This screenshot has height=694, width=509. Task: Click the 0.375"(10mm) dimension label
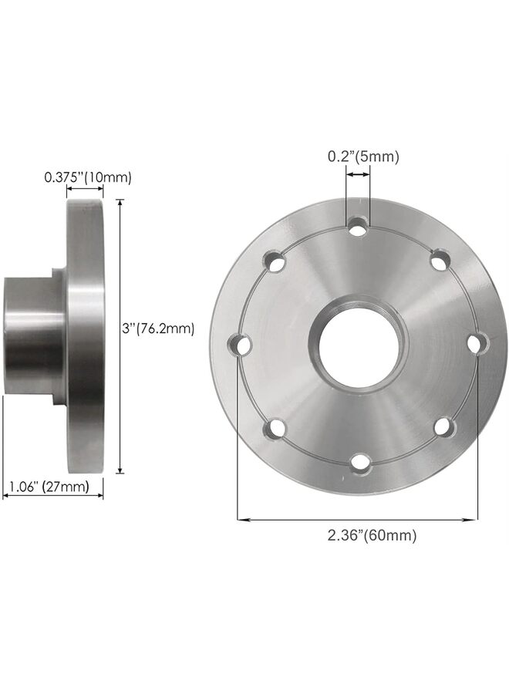87,177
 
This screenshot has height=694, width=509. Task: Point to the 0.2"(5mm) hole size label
362,157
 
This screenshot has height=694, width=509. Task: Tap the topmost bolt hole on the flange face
358,227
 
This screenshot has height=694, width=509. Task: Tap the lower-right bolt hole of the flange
443,426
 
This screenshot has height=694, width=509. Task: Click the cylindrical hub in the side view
29,337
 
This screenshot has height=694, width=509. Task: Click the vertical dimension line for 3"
120,337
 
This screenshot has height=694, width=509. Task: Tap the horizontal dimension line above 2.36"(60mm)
358,520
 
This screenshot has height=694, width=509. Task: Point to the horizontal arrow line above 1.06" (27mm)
52,497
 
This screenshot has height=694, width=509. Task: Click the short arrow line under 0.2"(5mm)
358,176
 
